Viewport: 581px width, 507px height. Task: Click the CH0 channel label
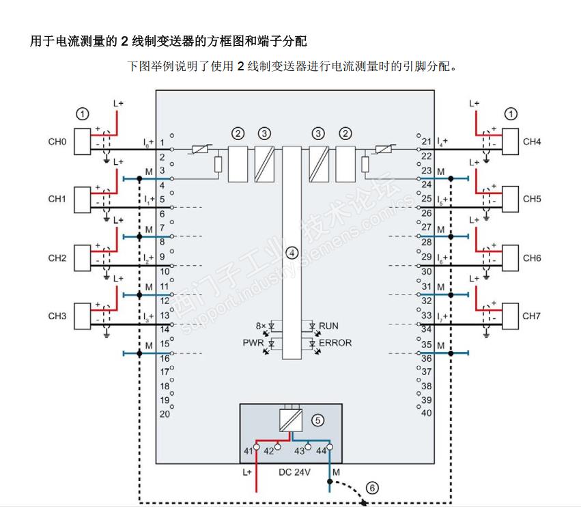(x=57, y=142)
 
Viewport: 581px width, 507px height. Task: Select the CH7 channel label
(x=532, y=316)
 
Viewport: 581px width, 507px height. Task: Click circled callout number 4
(x=292, y=253)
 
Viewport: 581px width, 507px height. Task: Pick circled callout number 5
(x=317, y=420)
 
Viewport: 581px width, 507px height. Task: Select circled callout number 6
(x=371, y=488)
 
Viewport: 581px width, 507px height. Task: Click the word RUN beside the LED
(x=328, y=326)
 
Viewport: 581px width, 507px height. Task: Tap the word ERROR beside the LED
(x=335, y=342)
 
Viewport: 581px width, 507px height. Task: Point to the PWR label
(x=253, y=342)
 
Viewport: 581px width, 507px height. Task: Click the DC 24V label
(x=294, y=472)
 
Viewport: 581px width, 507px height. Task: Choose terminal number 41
(x=248, y=452)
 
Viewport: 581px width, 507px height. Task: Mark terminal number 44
(x=320, y=452)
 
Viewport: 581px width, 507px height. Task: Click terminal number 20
(x=164, y=414)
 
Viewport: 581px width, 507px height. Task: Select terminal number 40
(x=427, y=413)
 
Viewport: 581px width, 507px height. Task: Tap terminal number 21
(x=426, y=141)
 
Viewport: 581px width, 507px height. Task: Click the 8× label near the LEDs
(x=260, y=326)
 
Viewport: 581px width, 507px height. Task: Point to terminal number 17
(x=164, y=372)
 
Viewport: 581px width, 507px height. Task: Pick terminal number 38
(x=427, y=385)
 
